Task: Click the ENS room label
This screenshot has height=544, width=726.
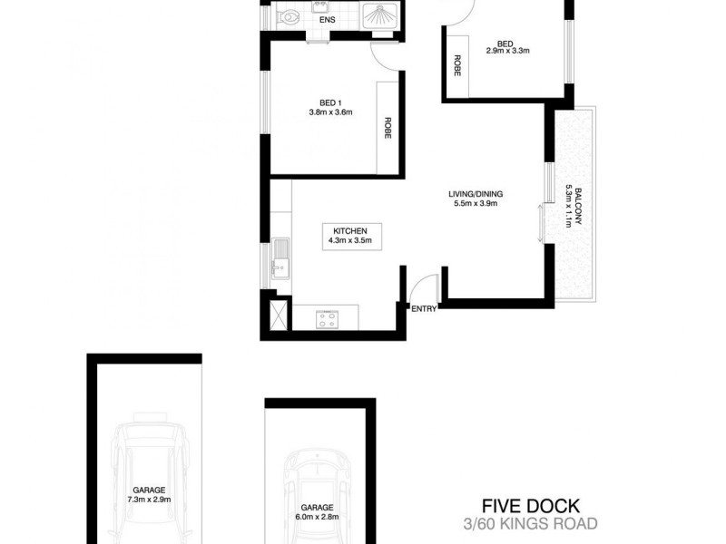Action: pyautogui.click(x=327, y=20)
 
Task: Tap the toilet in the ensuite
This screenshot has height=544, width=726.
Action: pyautogui.click(x=289, y=16)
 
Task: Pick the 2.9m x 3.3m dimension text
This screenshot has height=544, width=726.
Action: pyautogui.click(x=507, y=51)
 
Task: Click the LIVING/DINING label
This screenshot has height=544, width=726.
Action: pyautogui.click(x=476, y=194)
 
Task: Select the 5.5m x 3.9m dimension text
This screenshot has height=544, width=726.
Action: pyautogui.click(x=476, y=204)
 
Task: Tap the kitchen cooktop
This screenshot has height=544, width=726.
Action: pyautogui.click(x=327, y=318)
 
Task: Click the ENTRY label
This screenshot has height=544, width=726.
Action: pyautogui.click(x=424, y=309)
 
